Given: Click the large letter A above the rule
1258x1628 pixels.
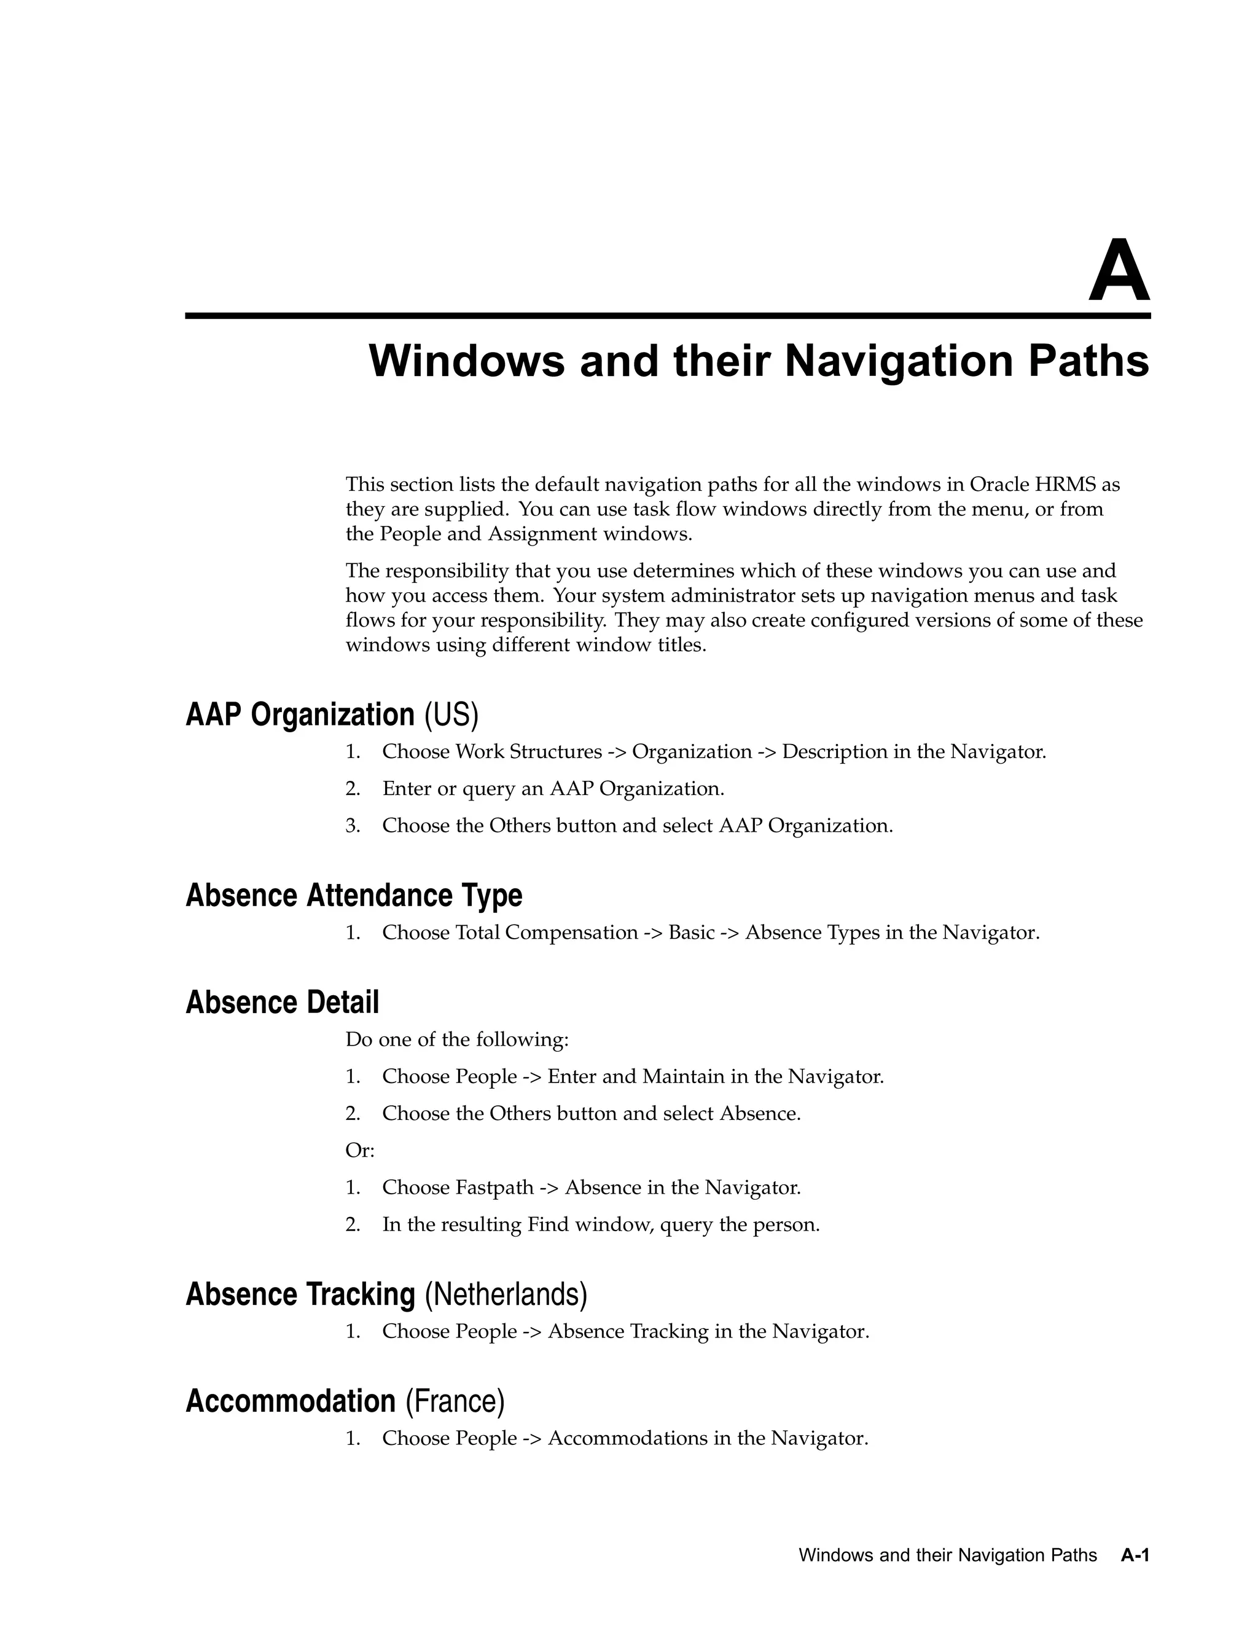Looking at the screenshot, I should point(1119,272).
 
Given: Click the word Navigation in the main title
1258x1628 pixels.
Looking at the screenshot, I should point(897,361).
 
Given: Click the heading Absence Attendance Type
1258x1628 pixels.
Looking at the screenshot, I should point(353,895).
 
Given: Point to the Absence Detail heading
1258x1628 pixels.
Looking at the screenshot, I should point(282,1002).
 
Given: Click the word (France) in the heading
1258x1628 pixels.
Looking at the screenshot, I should point(455,1401).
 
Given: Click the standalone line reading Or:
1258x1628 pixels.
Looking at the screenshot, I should point(360,1150).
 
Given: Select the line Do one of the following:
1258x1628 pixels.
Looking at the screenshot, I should point(457,1039).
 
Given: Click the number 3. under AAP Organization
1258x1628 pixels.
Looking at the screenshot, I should point(353,825).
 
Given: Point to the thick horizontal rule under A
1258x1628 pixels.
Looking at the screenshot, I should point(668,316).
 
